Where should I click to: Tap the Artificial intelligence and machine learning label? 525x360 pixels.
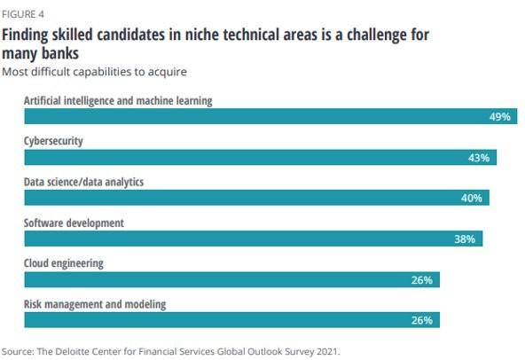point(118,101)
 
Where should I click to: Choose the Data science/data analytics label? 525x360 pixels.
point(83,182)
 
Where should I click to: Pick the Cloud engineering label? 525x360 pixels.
point(64,263)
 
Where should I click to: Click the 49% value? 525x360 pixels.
point(499,117)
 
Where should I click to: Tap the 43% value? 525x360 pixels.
point(479,158)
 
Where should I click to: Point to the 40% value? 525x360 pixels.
point(471,199)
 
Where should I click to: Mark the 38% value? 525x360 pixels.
point(465,239)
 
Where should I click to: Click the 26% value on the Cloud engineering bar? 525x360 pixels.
point(422,280)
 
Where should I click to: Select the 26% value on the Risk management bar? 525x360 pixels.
point(422,321)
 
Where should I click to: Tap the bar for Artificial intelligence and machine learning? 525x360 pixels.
point(257,117)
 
